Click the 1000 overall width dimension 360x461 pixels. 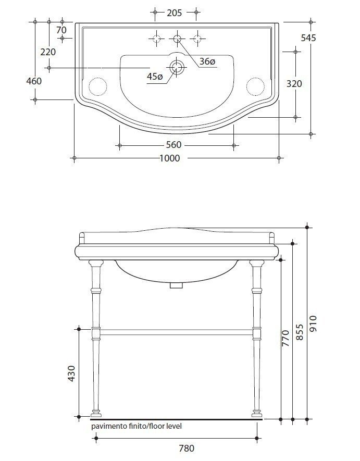coord(170,158)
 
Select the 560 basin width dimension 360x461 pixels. coord(173,145)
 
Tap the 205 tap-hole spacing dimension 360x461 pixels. coord(174,13)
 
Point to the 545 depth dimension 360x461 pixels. coord(308,38)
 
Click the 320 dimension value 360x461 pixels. coord(294,84)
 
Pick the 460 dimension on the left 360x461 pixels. coord(34,81)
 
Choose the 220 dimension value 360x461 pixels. coord(48,52)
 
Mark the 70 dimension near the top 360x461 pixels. coord(62,22)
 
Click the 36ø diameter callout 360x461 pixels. coord(207,61)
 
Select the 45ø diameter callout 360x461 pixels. coord(155,77)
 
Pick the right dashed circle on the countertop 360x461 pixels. coord(255,85)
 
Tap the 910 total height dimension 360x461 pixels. coord(314,323)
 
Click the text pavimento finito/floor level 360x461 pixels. coord(136,426)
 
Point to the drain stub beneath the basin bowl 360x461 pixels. coord(177,285)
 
